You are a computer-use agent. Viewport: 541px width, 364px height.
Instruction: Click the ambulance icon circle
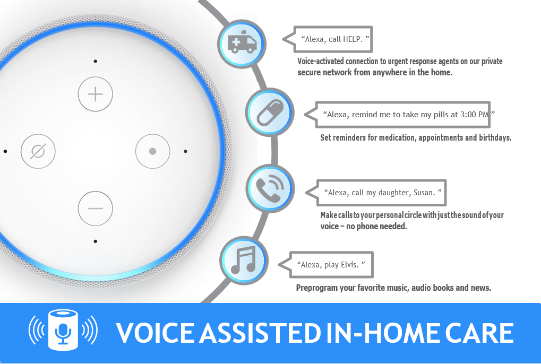coord(242,44)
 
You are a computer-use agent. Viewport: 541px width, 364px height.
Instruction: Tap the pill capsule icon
coord(270,112)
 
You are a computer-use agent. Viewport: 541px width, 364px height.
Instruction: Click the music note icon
coord(244,260)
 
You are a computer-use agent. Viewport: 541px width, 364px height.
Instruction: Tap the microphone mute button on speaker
coord(38,151)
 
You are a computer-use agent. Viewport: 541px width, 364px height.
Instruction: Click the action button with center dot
coord(152,151)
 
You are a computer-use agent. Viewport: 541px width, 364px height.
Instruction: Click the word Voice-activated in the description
coord(321,62)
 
